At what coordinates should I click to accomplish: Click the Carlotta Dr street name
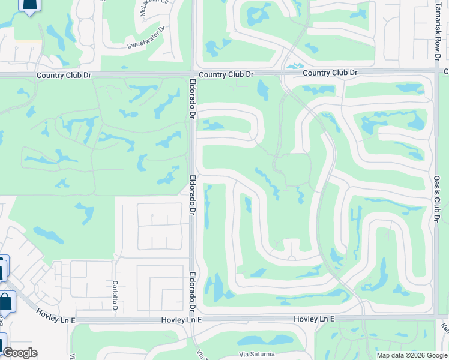coord(115,296)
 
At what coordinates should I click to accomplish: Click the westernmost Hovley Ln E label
coord(55,316)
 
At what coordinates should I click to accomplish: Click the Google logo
coord(20,353)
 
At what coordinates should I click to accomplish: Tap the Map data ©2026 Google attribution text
coord(411,355)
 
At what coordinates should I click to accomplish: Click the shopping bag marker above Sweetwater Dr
coord(29,5)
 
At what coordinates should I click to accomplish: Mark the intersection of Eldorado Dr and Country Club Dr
coord(193,74)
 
